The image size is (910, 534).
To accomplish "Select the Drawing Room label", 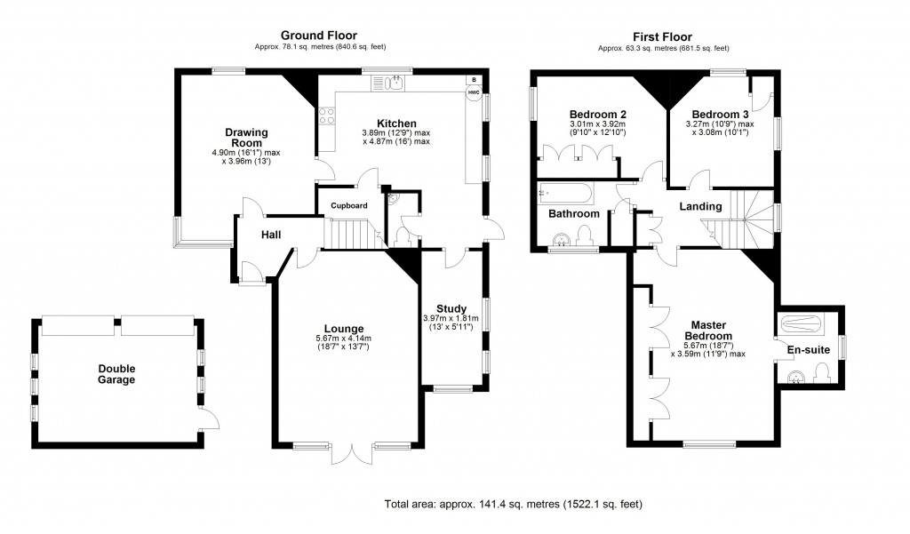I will click(246, 137).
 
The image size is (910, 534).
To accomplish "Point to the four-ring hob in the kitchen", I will click(326, 115).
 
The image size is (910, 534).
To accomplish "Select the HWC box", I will click(474, 92).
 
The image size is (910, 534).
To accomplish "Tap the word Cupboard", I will click(349, 205).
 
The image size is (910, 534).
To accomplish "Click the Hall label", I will click(271, 235).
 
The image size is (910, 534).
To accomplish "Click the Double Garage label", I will click(117, 374).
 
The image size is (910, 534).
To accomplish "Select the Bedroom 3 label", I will click(721, 115).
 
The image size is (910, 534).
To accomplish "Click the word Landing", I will click(700, 207).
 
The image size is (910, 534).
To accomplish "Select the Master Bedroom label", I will click(708, 331).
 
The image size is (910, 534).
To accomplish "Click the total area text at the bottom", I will click(513, 504).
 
